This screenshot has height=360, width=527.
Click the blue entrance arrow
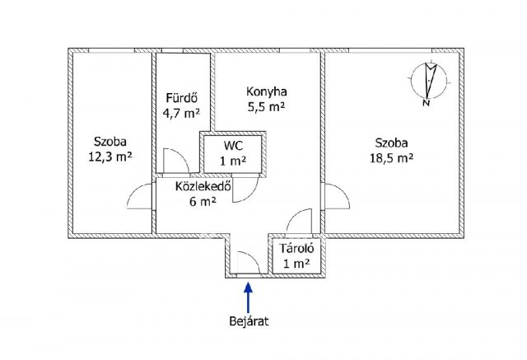248,297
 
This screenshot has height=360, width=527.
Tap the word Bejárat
249,321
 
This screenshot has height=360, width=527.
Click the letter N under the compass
427,102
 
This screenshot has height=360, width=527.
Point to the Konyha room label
267,91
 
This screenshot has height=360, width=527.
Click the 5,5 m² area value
267,107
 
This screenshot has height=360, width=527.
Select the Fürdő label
181,98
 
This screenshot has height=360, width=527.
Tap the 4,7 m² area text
181,114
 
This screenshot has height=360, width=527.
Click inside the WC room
233,154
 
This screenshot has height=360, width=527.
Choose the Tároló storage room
297,256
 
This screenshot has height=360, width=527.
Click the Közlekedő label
203,186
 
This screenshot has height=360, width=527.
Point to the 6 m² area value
203,202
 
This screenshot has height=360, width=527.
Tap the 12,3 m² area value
110,157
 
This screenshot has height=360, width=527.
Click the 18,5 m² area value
392,158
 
